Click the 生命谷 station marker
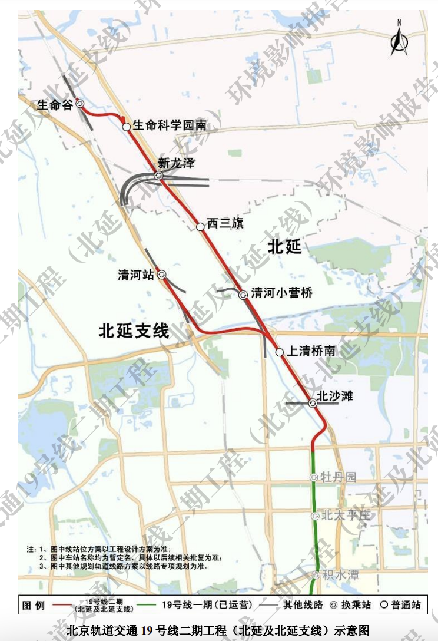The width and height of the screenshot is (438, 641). pos(80,103)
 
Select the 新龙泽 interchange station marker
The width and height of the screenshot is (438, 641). pos(158,176)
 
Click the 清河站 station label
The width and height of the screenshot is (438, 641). pos(135,275)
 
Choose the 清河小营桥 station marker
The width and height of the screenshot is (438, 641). pos(243,295)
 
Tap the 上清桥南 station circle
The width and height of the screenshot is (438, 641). pos(280,352)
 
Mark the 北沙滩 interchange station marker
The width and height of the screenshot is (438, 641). pos(313,403)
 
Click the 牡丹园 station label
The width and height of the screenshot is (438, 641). pos(339,477)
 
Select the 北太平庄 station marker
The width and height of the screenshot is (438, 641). pos(314,516)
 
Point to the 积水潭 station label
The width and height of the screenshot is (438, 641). pos(340,574)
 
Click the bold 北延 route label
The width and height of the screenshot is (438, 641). pos(284,246)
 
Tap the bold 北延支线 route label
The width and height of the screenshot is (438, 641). pos(134,331)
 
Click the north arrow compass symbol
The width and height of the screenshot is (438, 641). pos(399,39)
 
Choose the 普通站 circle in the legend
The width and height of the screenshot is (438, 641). pos(386,605)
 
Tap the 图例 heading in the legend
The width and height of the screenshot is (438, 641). pos(34,605)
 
